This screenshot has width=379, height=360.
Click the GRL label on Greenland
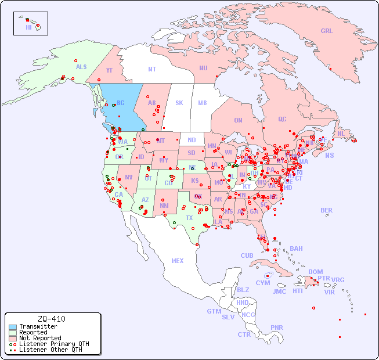[x=327, y=31]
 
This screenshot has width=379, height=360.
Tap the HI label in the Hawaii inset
[x=28, y=27]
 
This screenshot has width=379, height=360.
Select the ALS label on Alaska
[x=81, y=67]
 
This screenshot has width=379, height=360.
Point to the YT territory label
[x=109, y=70]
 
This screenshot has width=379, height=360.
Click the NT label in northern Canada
[x=152, y=69]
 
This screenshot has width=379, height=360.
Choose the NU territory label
[x=203, y=68]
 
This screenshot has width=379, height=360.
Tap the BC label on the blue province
[x=121, y=103]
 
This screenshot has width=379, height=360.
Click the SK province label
[x=179, y=103]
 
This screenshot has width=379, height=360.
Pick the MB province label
[x=202, y=103]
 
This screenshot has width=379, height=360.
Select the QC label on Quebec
[x=282, y=119]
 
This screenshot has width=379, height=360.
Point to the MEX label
[x=178, y=261]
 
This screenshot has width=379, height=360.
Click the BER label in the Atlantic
[x=327, y=210]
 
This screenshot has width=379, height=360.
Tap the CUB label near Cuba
[x=247, y=255]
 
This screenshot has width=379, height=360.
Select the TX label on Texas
[x=189, y=218]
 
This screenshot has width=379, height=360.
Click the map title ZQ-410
[x=51, y=319]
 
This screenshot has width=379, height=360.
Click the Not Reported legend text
[x=40, y=338]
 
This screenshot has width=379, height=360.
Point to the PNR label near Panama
[x=277, y=327]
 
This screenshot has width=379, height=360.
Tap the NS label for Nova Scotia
[x=330, y=156]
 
